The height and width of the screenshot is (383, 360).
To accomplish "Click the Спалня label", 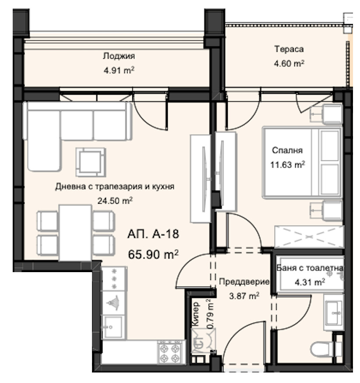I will point(288,151).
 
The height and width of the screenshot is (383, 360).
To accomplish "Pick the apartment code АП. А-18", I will point(153,234).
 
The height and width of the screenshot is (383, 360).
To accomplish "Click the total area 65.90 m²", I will point(153,254).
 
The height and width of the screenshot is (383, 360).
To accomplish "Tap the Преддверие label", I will point(244,282).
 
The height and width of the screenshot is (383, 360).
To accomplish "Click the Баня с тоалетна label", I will point(310,269).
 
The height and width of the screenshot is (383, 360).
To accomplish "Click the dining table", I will point(75,232).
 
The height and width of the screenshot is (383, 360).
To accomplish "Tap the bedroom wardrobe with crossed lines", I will point(309,238).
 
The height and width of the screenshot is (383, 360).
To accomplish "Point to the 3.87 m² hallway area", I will point(244,296).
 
